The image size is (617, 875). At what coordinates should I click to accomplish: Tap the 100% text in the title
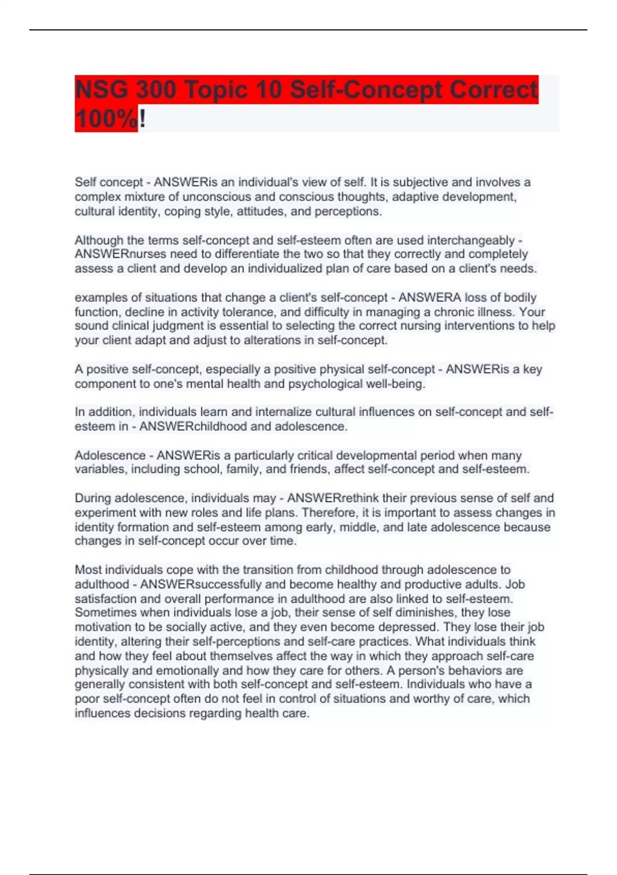point(106,119)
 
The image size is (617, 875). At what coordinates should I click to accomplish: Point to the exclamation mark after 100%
point(142,119)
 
